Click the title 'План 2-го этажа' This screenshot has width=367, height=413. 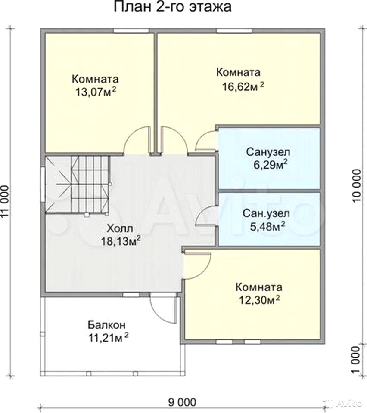point(173,7)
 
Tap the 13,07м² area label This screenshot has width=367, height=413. point(96,92)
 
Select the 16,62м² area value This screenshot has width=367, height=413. point(243,86)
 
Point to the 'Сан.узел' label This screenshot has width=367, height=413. point(266,213)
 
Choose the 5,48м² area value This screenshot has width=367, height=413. point(267,226)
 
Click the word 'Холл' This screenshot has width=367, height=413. point(120,228)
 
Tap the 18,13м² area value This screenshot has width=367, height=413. point(121,241)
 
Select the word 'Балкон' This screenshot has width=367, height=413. point(106,325)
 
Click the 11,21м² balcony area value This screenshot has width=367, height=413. point(108,337)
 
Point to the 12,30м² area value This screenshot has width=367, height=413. point(259,299)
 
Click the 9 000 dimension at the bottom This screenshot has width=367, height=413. point(182,402)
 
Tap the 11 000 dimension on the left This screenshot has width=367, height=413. point(5,202)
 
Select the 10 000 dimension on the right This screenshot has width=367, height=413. point(356,185)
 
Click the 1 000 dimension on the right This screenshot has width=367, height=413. point(356,359)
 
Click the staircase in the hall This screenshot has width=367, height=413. point(77,184)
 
